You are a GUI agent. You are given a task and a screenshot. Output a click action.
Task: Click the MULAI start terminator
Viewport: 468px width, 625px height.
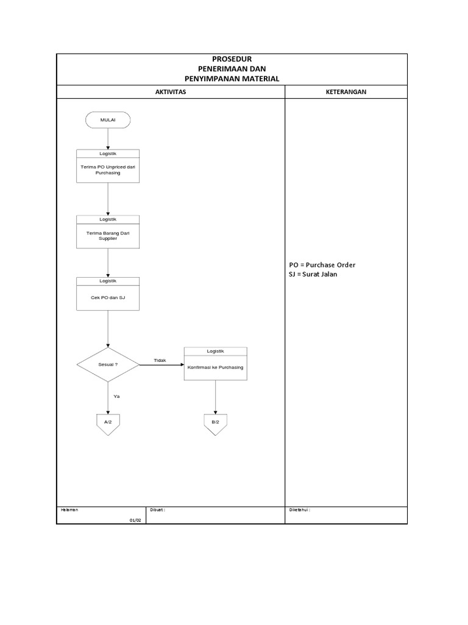[x=108, y=120]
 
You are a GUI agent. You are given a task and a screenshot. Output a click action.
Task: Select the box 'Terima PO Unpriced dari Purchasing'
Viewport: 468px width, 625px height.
[x=108, y=166]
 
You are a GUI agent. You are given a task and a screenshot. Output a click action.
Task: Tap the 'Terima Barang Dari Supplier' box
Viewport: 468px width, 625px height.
[x=108, y=232]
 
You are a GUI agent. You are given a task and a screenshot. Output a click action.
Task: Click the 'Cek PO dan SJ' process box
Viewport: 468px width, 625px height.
[x=108, y=294]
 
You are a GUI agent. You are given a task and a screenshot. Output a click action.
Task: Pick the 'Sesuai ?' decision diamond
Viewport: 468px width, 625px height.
[x=108, y=365]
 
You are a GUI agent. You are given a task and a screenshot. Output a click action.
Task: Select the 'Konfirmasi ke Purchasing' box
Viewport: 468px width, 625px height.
[x=215, y=364]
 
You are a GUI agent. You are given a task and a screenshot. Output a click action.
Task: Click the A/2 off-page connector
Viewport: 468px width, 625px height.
[x=108, y=425]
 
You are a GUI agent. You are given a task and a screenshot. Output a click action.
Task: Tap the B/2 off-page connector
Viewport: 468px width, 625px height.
[x=215, y=425]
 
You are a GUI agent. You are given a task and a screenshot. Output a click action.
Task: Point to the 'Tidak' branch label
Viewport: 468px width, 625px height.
[x=160, y=360]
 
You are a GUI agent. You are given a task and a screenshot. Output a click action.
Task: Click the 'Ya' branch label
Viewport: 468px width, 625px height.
[x=116, y=396]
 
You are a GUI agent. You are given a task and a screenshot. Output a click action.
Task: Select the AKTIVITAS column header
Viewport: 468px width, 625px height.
[x=171, y=92]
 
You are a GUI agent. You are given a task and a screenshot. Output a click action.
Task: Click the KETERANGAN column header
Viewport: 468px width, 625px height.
[x=346, y=92]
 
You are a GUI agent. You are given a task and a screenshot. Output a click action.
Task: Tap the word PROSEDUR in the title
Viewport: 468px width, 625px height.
[x=232, y=59]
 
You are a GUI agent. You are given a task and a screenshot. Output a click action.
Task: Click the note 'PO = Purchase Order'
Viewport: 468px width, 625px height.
[x=322, y=265]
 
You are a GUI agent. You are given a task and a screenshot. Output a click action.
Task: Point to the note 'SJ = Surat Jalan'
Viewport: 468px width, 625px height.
[x=313, y=274]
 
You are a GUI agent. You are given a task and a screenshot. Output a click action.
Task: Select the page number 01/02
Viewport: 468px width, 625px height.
[x=135, y=520]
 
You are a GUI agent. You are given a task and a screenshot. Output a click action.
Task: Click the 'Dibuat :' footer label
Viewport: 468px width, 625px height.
[x=157, y=510]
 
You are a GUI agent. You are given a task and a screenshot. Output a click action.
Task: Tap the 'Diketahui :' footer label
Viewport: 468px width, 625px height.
[x=299, y=510]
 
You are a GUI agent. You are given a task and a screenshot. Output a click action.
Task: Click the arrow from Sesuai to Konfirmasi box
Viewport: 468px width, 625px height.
[x=161, y=365]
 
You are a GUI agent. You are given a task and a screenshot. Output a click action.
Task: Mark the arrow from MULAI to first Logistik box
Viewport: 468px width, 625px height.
[x=108, y=139]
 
